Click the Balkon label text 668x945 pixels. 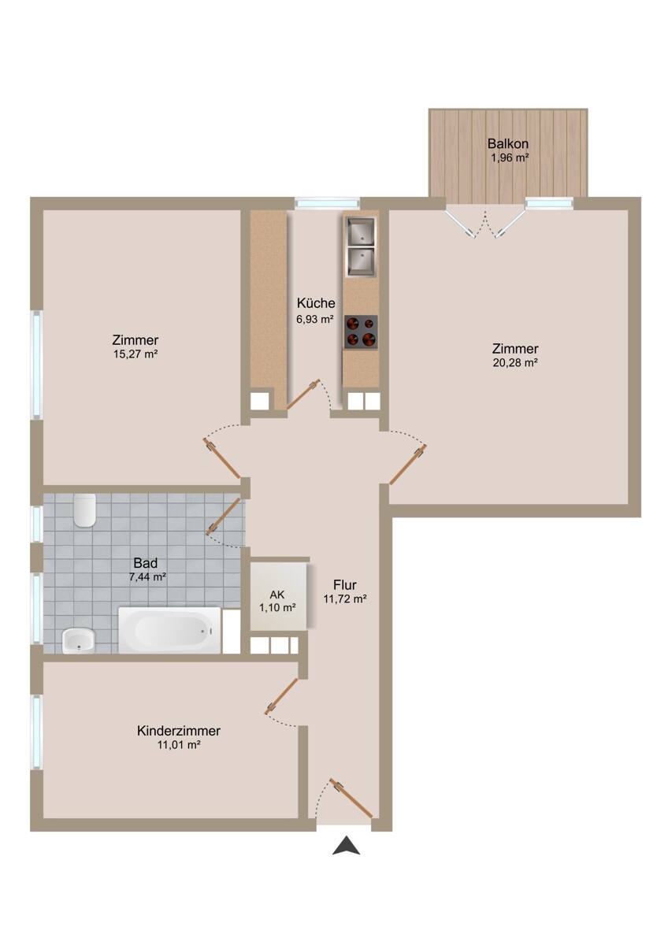click(507, 144)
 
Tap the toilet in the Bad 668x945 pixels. click(83, 511)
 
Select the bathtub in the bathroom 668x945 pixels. click(169, 629)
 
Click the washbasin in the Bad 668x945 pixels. click(78, 641)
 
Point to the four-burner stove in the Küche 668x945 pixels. click(361, 332)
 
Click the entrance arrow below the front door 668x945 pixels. click(346, 847)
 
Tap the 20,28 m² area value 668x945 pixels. click(514, 363)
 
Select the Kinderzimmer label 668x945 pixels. click(179, 731)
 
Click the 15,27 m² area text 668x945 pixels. click(135, 354)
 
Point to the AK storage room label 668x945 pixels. click(277, 594)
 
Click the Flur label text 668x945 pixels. click(345, 585)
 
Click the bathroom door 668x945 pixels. click(224, 517)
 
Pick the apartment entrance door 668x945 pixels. click(351, 798)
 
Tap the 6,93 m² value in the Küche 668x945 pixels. click(316, 319)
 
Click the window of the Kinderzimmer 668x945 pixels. click(35, 732)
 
